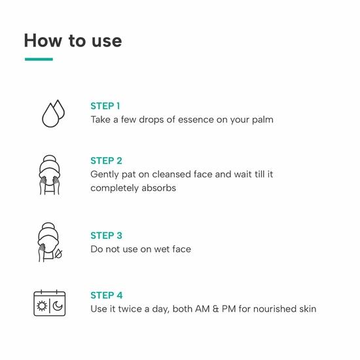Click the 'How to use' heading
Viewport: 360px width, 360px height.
[73, 41]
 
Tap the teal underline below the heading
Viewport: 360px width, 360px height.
[39, 59]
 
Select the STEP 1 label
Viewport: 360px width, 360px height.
[105, 106]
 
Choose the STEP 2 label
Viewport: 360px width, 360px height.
[106, 161]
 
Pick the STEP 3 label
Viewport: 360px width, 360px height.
[106, 236]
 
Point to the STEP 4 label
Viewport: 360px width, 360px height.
[107, 295]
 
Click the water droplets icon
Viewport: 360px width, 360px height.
[54, 113]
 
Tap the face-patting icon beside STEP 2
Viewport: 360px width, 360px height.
[49, 175]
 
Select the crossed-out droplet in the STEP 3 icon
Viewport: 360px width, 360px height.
[58, 254]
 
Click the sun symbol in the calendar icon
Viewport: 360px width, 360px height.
[42, 306]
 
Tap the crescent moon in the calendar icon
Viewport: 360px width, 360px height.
[58, 306]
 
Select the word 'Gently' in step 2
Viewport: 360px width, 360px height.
[104, 175]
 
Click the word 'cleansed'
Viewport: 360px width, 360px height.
[171, 174]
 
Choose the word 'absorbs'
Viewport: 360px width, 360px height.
[158, 188]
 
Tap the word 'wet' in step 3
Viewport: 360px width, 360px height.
[162, 249]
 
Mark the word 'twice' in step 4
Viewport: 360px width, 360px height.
[130, 309]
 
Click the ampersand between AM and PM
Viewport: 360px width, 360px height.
[215, 309]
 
